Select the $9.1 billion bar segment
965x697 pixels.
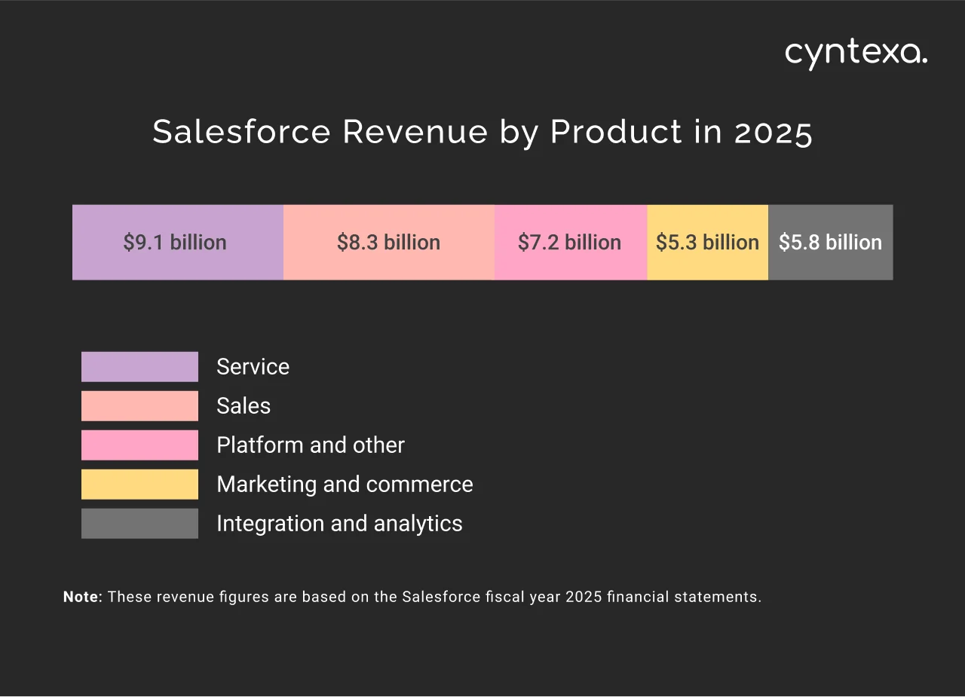pos(177,242)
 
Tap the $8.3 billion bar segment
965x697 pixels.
pos(388,242)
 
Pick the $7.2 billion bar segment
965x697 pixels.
pos(570,242)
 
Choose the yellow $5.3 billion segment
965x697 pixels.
pos(707,242)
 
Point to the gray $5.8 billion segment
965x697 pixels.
pos(830,242)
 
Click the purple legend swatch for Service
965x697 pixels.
pos(139,367)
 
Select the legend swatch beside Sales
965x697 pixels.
pos(139,406)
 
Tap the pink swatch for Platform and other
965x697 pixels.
pos(139,445)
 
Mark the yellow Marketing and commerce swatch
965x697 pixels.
pos(139,485)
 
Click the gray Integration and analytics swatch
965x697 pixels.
pos(139,524)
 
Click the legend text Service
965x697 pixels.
pos(253,367)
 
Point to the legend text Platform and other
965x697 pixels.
pos(310,445)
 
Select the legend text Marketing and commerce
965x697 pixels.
pos(345,485)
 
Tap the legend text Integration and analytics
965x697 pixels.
pos(339,524)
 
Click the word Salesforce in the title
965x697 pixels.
pos(241,132)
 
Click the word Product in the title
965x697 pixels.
pos(616,132)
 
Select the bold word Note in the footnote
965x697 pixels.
pos(81,597)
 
